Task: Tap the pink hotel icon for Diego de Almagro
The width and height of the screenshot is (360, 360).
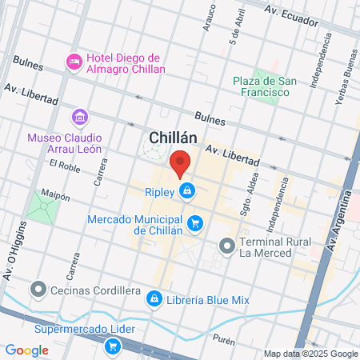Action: click(74, 62)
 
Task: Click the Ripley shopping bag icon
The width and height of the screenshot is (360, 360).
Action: click(186, 190)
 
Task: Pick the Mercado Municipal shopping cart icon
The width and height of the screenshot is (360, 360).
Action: click(195, 222)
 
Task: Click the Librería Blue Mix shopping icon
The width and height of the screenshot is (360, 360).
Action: click(153, 298)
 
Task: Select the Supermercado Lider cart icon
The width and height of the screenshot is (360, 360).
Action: click(113, 346)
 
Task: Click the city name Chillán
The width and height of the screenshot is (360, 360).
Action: click(174, 137)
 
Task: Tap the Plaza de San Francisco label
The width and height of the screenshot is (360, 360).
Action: click(261, 86)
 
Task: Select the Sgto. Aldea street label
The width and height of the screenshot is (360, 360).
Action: click(245, 196)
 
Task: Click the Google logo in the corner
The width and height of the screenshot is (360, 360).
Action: click(27, 350)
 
